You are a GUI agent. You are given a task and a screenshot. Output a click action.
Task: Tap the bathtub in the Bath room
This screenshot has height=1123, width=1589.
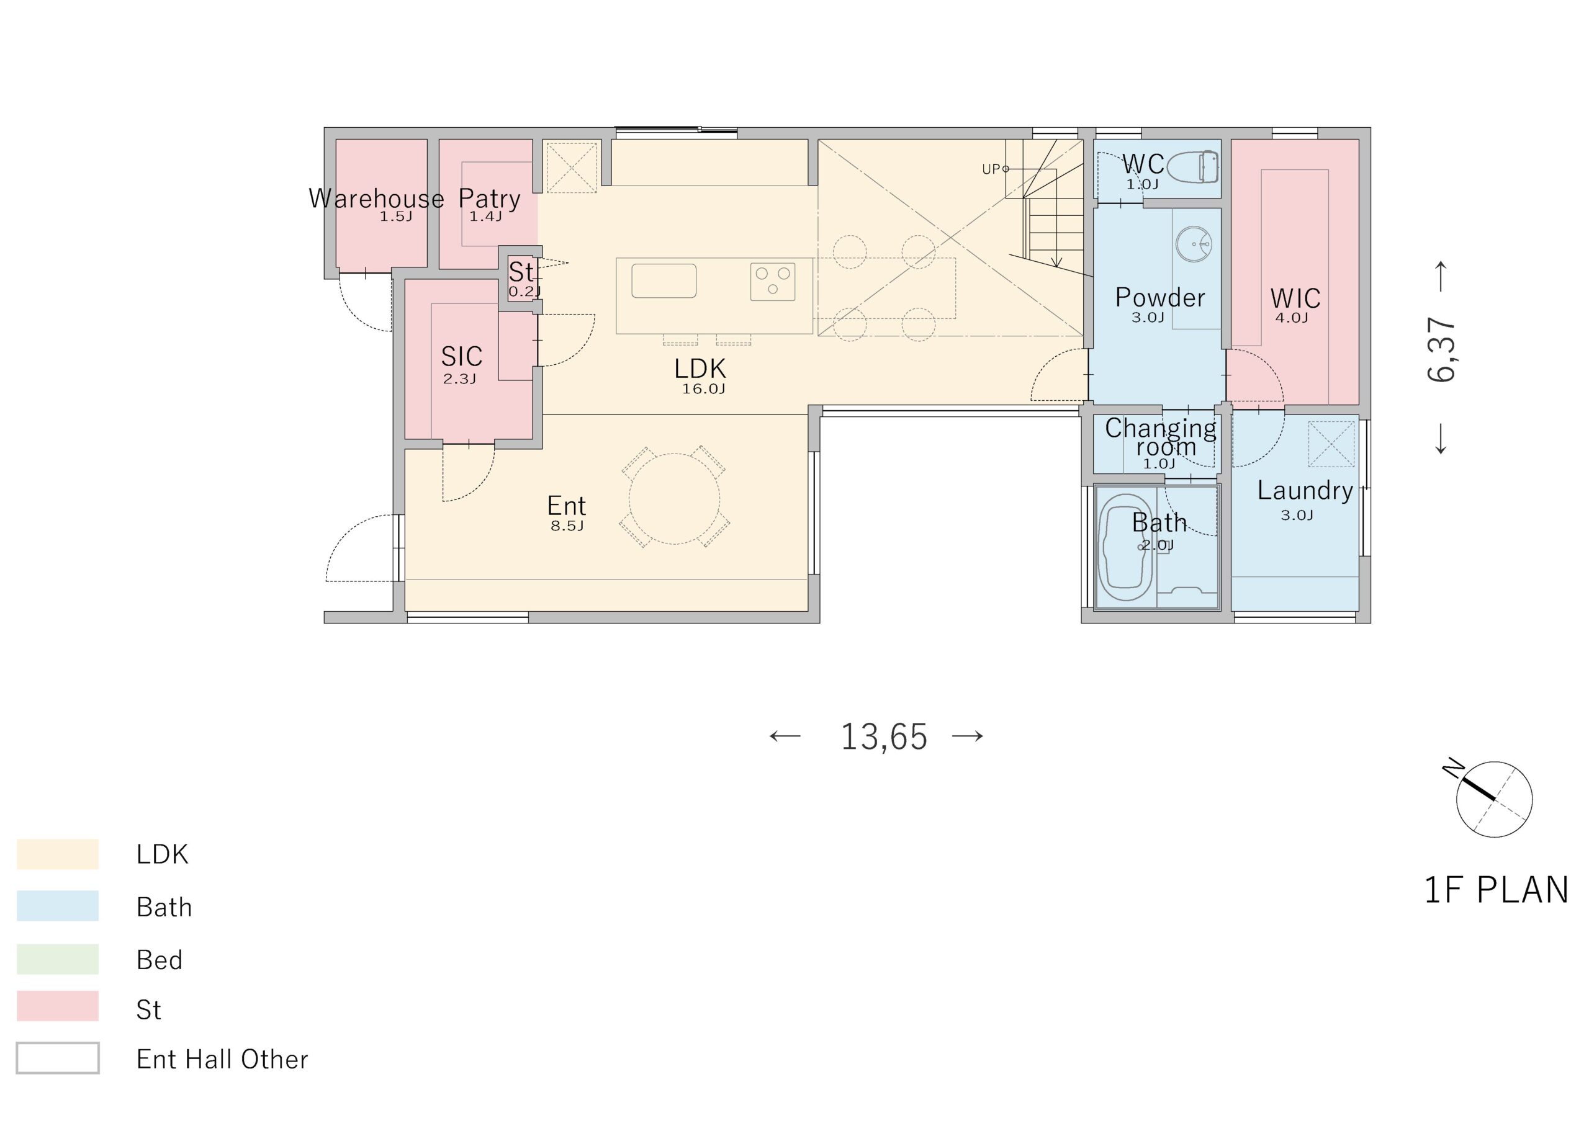tap(1125, 547)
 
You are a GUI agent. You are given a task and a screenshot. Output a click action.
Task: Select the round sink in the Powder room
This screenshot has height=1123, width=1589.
tap(1194, 244)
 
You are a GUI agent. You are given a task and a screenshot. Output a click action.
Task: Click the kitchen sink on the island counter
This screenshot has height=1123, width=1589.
tap(664, 281)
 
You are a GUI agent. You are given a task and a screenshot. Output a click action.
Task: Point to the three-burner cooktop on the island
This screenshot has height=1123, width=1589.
tap(772, 282)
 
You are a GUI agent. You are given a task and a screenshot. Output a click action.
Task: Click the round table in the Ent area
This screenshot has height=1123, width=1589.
tap(674, 498)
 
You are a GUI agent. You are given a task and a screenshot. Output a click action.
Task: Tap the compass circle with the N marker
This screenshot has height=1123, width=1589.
tap(1493, 800)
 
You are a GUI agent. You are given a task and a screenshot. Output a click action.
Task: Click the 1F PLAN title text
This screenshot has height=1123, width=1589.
tap(1495, 890)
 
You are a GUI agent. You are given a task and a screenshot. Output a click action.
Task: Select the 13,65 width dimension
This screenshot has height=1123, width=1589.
tap(883, 736)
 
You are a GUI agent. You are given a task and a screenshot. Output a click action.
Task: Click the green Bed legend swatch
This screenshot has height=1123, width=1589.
tap(58, 959)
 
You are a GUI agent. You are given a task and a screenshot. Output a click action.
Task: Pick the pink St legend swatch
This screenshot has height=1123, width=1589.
tap(58, 1006)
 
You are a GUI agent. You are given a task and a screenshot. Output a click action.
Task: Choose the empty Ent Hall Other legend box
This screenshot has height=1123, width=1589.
tap(58, 1058)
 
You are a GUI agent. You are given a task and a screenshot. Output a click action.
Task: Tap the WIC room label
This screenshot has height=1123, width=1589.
tap(1295, 299)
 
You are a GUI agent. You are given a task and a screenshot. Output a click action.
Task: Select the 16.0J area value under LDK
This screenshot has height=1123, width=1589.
tap(703, 389)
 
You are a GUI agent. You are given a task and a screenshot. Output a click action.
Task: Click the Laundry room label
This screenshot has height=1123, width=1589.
tap(1305, 491)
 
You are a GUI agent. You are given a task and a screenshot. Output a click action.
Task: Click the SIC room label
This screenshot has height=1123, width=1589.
tap(462, 356)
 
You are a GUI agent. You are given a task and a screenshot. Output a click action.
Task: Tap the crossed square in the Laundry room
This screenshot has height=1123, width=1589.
tap(1331, 444)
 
